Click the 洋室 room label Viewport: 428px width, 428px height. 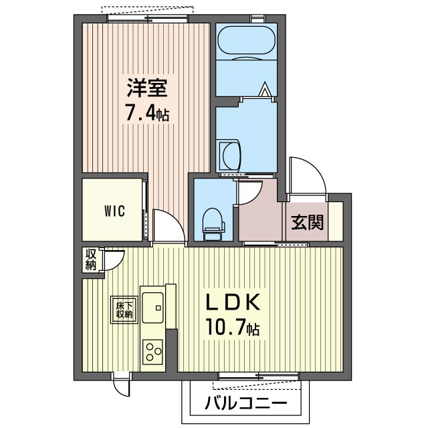tap(147, 88)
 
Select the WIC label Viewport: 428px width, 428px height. tap(114, 211)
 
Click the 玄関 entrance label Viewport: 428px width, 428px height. tap(307, 222)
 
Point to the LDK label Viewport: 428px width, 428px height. tap(233, 302)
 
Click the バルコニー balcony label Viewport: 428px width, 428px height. tap(246, 403)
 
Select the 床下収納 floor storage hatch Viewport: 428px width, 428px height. tap(124, 310)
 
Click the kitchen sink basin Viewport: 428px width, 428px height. tap(153, 308)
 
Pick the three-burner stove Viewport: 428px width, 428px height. tap(153, 352)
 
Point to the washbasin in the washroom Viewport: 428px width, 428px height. tap(229, 155)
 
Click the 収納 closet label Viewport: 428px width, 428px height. tap(91, 260)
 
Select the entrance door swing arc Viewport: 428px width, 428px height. tap(308, 175)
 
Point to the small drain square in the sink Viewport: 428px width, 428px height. tap(158, 308)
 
